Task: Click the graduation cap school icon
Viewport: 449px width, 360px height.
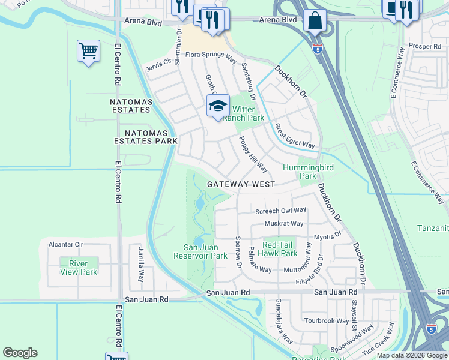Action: tap(218, 106)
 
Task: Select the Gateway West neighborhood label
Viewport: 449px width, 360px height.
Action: tap(241, 185)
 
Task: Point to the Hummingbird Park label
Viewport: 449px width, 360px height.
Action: tap(308, 172)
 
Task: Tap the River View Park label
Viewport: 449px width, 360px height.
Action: tap(78, 268)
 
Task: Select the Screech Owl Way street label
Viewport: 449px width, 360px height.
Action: tap(280, 211)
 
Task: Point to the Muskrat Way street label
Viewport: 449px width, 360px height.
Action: tap(284, 224)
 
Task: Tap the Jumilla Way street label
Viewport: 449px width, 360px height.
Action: tap(141, 268)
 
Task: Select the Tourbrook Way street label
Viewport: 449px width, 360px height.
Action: tap(326, 320)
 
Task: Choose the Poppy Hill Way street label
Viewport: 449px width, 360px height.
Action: tap(253, 154)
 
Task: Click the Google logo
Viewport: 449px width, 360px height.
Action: tap(20, 353)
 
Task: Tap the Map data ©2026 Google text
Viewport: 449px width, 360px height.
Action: tap(411, 355)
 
